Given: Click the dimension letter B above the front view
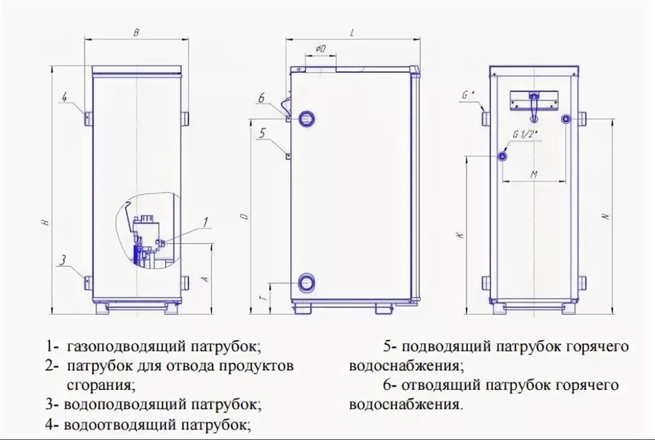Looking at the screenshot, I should pos(137,32).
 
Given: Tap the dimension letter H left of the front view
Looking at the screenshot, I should pos(45,224).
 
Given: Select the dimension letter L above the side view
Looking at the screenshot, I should pos(352,32).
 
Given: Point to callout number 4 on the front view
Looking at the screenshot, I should pos(64,97).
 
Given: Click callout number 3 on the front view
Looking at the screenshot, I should pos(64,260).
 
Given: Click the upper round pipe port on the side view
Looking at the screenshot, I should pos(308,116).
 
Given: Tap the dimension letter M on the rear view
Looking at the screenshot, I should pos(533,175).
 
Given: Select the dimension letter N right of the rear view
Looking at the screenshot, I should pos(605,216).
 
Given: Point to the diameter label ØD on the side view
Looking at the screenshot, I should pos(320,49).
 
